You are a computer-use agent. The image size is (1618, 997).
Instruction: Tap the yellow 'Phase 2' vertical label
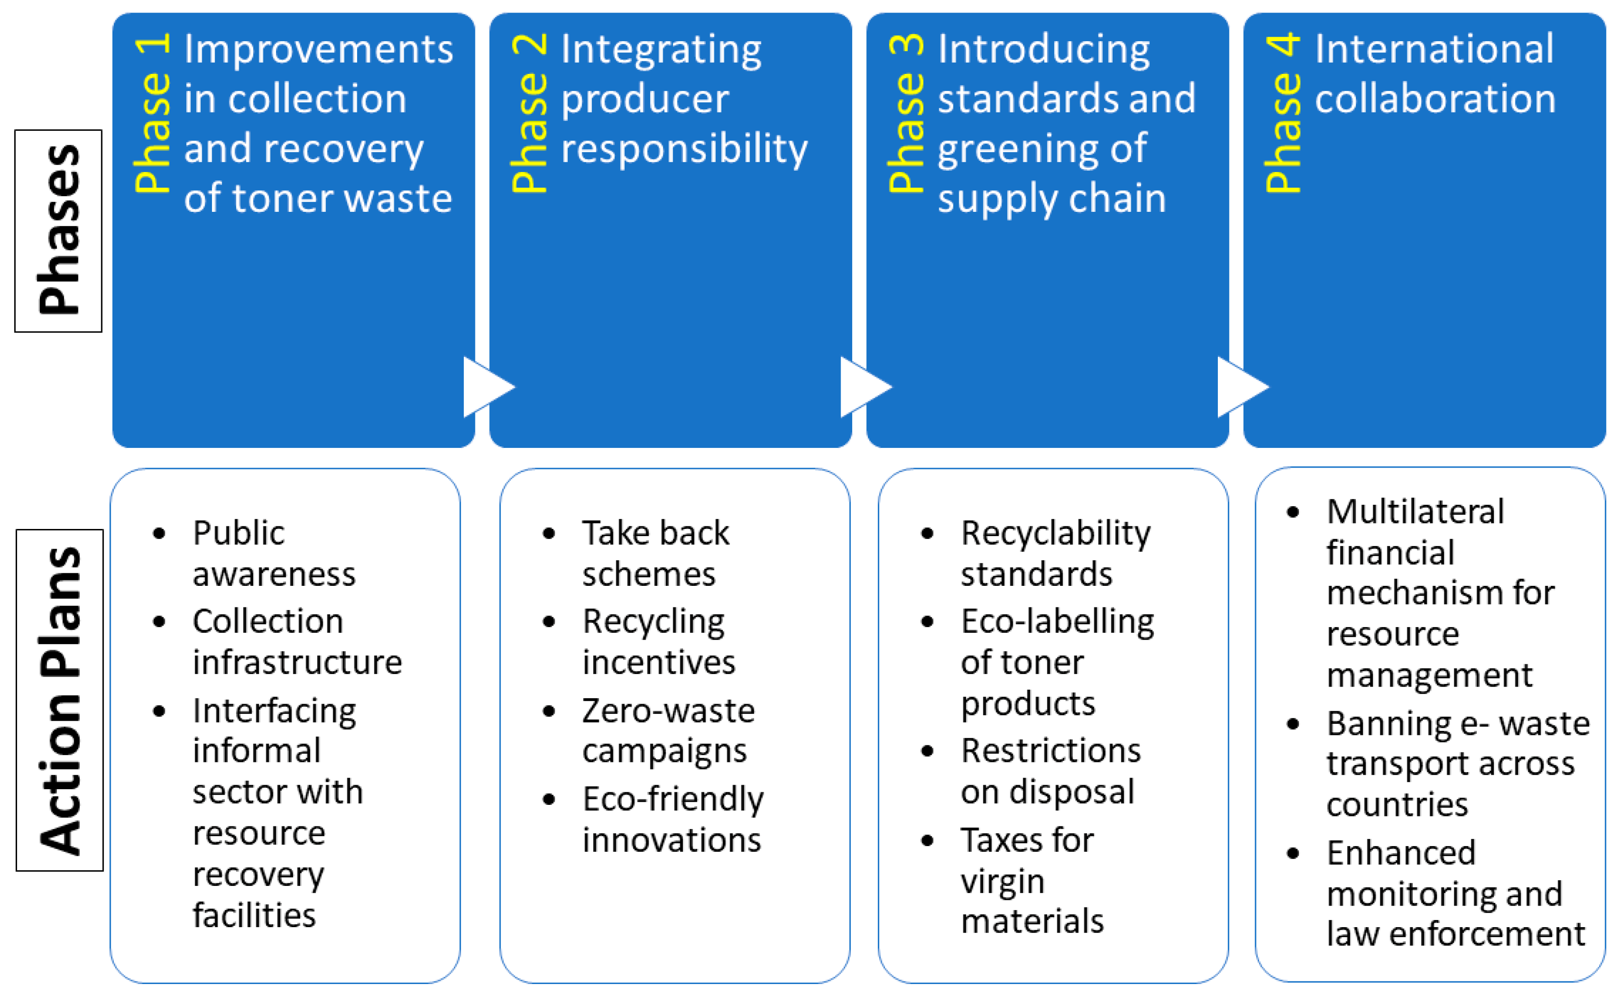coord(530,113)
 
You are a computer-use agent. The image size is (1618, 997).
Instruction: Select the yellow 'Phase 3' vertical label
coord(906,113)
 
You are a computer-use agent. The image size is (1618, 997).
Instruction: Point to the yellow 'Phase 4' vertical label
coord(1283,113)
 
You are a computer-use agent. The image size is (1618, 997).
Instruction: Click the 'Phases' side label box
coord(59,231)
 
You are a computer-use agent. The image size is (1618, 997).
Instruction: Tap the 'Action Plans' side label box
coord(60,700)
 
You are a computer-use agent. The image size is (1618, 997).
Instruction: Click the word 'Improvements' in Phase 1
coord(319,49)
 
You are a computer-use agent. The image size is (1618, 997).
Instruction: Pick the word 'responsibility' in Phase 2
coord(684,148)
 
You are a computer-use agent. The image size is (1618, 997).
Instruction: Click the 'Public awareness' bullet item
coord(273,553)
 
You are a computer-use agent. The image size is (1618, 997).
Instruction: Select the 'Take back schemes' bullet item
coord(655,553)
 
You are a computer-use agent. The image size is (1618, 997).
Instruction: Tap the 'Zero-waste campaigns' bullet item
coord(668,731)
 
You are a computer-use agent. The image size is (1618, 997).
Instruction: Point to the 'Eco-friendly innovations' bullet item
coord(672,819)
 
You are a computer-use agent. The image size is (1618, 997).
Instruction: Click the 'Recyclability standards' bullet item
coord(1055,553)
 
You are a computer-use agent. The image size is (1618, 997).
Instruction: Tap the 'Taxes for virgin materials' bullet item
coord(1031,880)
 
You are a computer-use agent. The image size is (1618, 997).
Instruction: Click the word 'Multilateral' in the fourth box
coord(1415,511)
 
